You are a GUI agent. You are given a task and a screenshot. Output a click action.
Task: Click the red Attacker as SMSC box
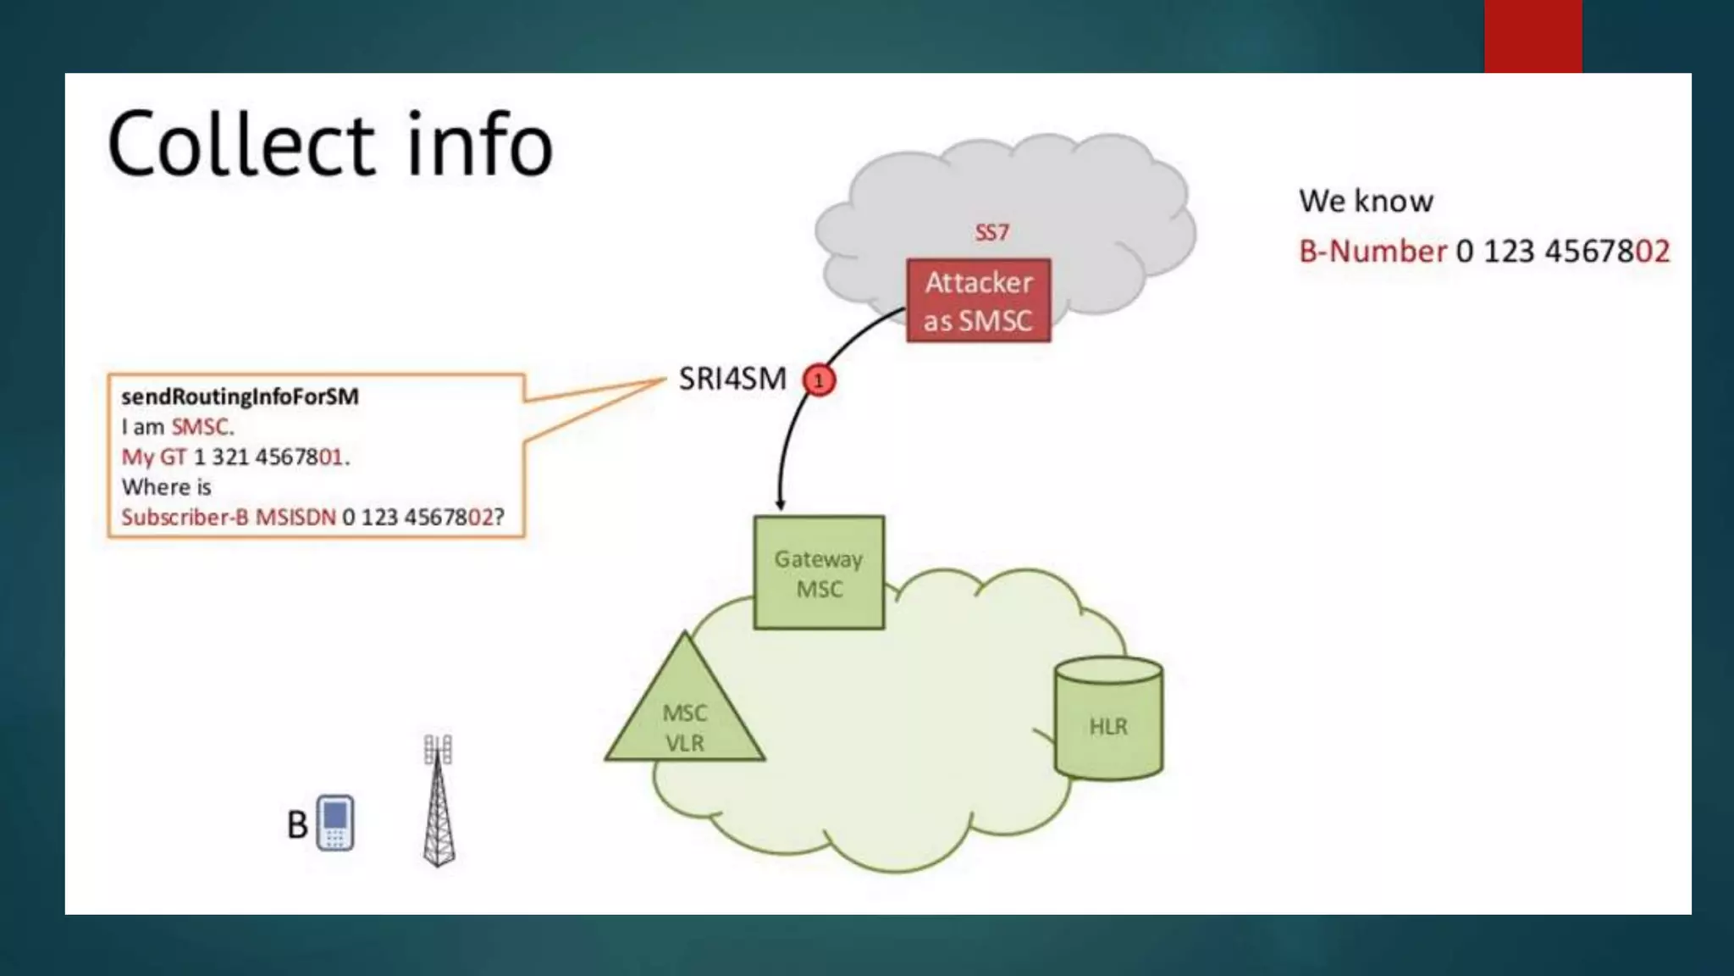pyautogui.click(x=978, y=301)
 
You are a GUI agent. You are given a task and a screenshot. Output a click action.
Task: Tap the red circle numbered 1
pyautogui.click(x=819, y=380)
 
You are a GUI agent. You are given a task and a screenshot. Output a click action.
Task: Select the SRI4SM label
pyautogui.click(x=732, y=379)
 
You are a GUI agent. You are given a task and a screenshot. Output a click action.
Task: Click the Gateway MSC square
pyautogui.click(x=819, y=573)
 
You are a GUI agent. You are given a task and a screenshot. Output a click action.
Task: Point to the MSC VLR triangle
pyautogui.click(x=684, y=720)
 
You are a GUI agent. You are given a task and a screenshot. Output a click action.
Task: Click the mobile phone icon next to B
pyautogui.click(x=335, y=822)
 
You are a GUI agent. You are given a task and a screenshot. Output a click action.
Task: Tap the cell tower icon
pyautogui.click(x=439, y=801)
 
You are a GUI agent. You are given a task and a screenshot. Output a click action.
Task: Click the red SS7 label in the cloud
pyautogui.click(x=991, y=232)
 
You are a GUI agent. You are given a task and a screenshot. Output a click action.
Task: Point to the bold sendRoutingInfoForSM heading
pyautogui.click(x=240, y=396)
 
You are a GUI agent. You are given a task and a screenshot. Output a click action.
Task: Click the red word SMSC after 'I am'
pyautogui.click(x=201, y=427)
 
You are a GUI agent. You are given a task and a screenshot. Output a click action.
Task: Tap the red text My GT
pyautogui.click(x=153, y=457)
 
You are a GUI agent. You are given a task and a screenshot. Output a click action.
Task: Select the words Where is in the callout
pyautogui.click(x=166, y=487)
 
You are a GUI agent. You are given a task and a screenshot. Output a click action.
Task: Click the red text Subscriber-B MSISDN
pyautogui.click(x=228, y=518)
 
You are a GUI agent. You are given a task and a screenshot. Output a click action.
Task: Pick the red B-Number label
pyautogui.click(x=1372, y=252)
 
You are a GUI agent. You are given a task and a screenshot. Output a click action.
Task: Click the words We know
pyautogui.click(x=1366, y=202)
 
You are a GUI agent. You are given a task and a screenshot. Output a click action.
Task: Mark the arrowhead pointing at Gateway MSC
pyautogui.click(x=781, y=505)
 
